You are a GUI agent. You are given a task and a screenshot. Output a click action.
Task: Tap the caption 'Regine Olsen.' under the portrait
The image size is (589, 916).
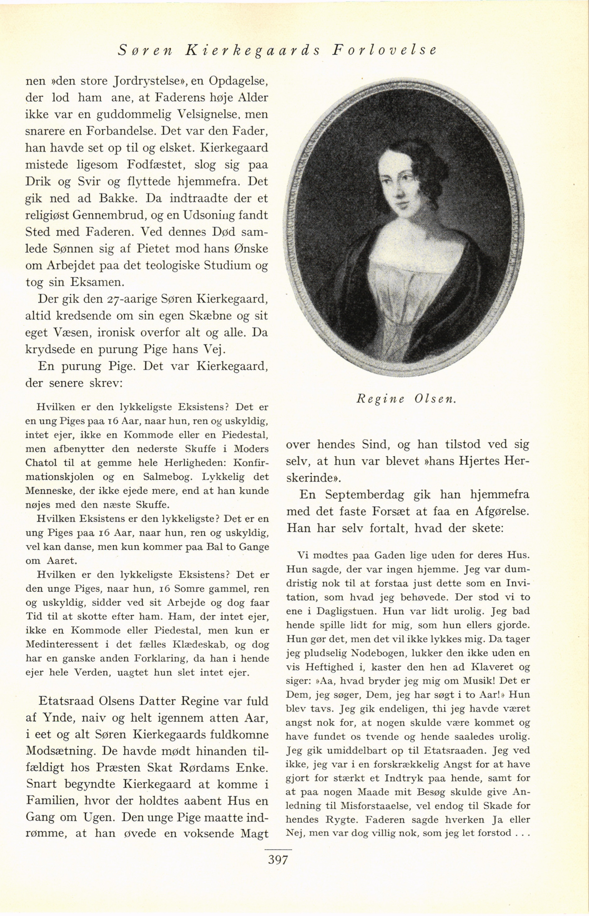click(407, 399)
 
